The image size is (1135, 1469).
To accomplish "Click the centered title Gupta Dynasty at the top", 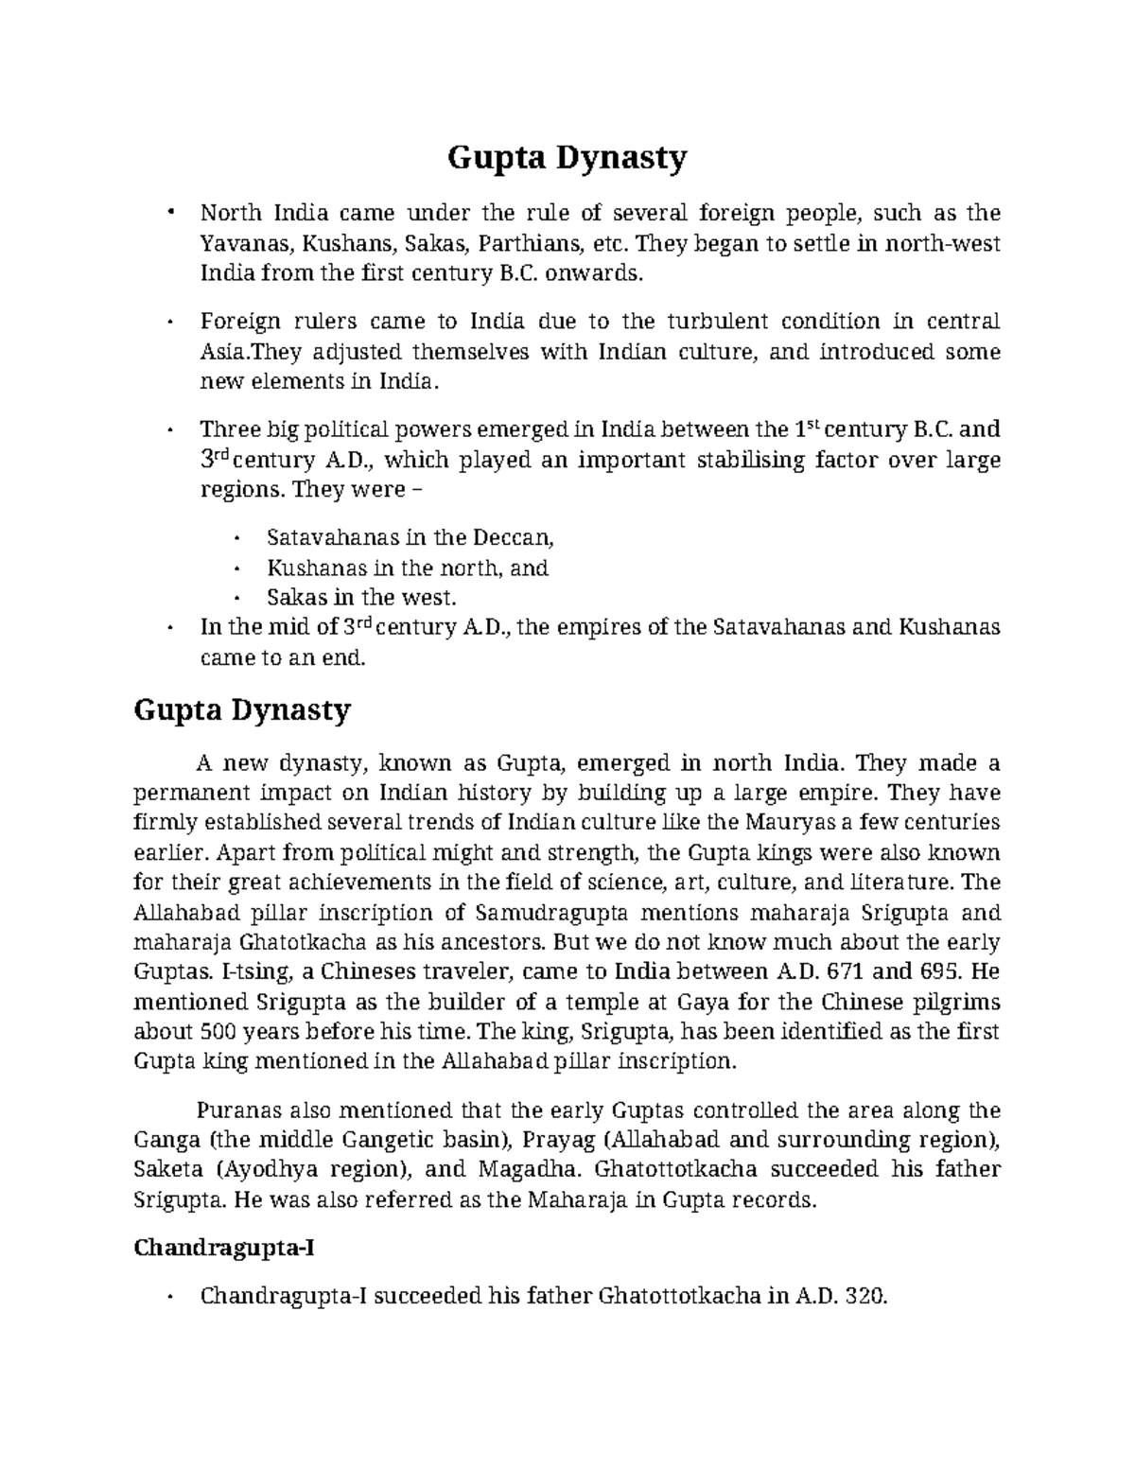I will coord(567,158).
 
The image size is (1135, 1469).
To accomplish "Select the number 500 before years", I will coord(218,1031).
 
